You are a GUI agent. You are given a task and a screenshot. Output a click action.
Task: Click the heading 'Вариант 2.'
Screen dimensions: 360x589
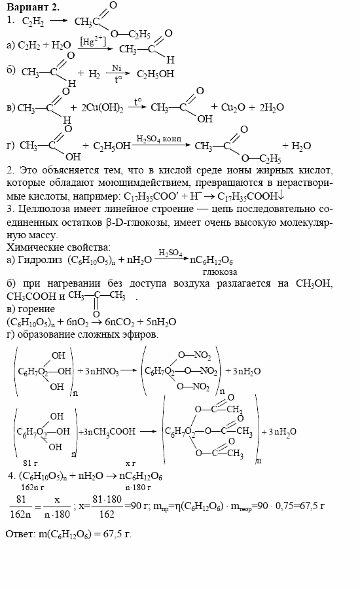[32, 7]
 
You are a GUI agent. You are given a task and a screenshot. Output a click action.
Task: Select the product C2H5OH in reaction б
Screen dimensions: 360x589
[155, 74]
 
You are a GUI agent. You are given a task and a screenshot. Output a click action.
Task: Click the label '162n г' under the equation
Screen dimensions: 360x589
[33, 487]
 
